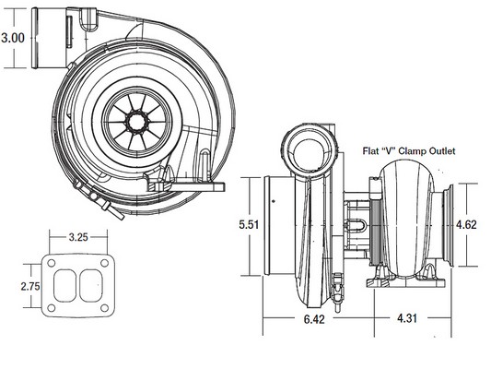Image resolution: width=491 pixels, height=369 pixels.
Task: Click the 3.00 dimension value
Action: click(13, 38)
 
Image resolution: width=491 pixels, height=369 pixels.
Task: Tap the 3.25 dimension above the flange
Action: click(78, 237)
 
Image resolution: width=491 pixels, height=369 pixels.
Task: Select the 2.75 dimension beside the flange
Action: click(30, 287)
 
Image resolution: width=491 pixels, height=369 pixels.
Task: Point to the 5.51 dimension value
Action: click(249, 225)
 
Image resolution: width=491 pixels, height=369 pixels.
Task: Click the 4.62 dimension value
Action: click(466, 225)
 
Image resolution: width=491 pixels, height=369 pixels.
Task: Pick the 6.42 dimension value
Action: click(314, 319)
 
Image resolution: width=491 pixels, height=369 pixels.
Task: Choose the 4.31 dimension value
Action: click(407, 318)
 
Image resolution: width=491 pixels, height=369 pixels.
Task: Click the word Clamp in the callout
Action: click(412, 151)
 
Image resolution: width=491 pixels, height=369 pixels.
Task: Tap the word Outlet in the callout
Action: click(442, 151)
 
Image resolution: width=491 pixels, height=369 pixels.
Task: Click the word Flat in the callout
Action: click(369, 151)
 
